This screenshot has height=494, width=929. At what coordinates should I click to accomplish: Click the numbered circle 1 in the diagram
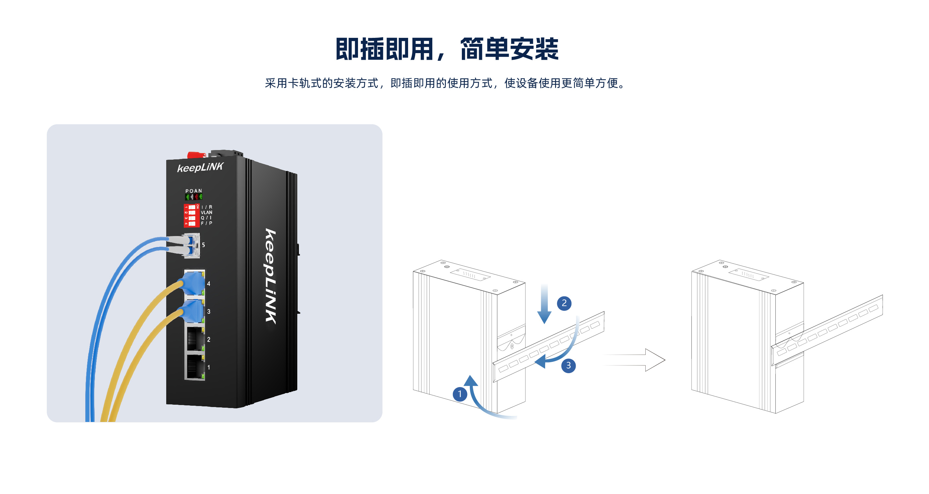tap(460, 394)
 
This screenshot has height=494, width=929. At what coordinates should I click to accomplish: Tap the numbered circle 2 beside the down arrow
tap(564, 303)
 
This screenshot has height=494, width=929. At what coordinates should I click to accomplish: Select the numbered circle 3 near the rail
tap(568, 366)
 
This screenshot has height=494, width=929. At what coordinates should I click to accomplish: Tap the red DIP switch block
tap(191, 215)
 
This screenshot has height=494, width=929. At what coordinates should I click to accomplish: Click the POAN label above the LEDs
tap(194, 191)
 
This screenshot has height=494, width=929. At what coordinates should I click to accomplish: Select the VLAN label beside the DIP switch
tap(206, 212)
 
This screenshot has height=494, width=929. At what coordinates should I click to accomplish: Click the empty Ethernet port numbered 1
tap(194, 367)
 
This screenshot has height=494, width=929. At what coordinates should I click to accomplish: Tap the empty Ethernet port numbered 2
tap(194, 339)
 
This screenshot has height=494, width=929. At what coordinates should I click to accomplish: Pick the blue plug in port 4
tap(193, 283)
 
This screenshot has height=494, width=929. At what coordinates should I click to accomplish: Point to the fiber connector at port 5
tap(189, 245)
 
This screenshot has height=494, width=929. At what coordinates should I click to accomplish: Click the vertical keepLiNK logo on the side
tap(271, 276)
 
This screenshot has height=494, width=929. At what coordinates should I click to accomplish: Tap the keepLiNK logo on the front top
tap(200, 167)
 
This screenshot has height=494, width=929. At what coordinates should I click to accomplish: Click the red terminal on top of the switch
tap(196, 155)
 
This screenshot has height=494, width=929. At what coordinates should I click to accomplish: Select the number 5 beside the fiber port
tap(203, 245)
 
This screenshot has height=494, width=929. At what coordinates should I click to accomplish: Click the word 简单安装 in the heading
tap(509, 49)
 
